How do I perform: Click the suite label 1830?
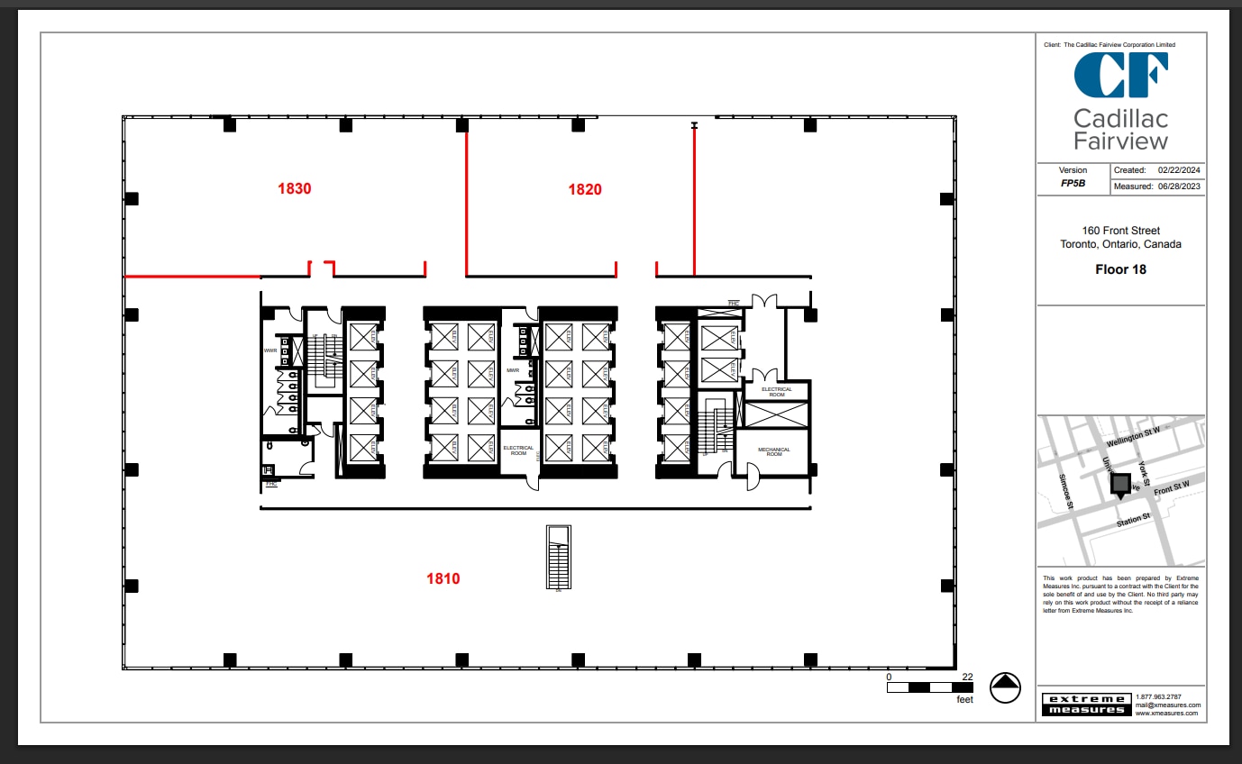point(295,189)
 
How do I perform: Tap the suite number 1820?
point(585,189)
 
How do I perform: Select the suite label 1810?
point(443,578)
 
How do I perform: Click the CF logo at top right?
point(1120,75)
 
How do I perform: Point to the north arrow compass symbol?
point(1005,687)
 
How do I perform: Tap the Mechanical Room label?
point(773,452)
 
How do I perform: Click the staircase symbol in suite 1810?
point(559,558)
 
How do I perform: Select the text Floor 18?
point(1120,269)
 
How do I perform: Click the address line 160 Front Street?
point(1120,231)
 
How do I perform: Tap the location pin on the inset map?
point(1120,486)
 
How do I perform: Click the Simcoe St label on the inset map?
point(1065,492)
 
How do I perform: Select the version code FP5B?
point(1073,183)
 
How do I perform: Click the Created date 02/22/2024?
point(1180,170)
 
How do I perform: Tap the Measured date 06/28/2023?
point(1180,186)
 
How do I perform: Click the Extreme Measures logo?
point(1084,704)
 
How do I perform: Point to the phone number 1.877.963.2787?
point(1157,696)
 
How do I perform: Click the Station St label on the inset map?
point(1134,520)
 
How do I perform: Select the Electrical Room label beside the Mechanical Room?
point(776,392)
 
